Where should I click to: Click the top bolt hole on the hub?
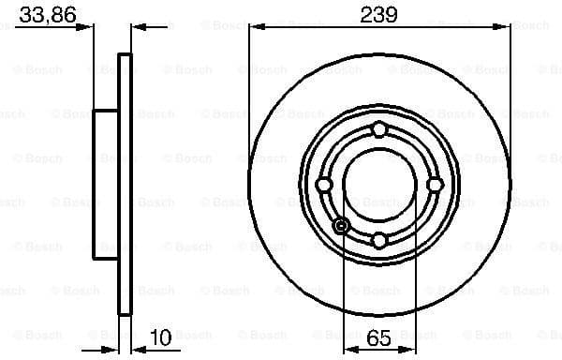[378, 129]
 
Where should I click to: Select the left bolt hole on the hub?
[324, 185]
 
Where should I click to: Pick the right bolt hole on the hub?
[435, 185]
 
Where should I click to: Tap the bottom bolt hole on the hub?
[378, 240]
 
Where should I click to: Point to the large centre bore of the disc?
[378, 185]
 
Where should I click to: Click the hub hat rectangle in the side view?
[106, 185]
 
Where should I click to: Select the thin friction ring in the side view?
[125, 185]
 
